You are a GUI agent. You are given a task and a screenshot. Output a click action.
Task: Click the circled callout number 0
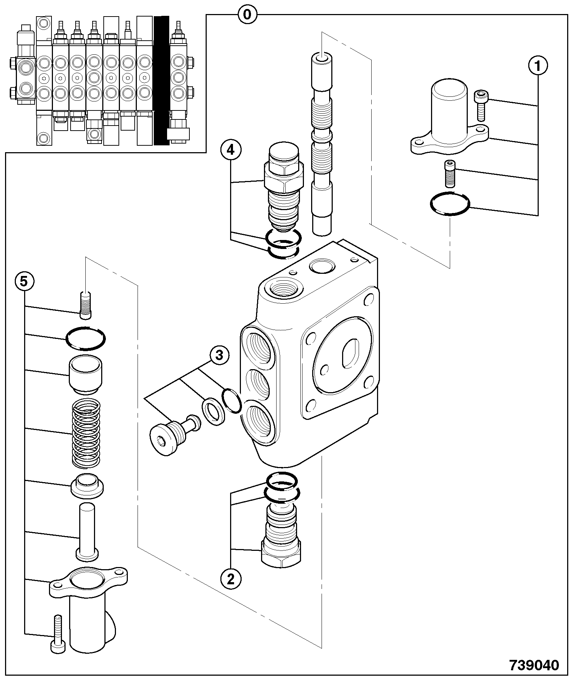pos(247,15)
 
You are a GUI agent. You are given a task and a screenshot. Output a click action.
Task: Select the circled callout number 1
pos(538,66)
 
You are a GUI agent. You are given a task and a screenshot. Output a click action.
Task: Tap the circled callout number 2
pos(230,579)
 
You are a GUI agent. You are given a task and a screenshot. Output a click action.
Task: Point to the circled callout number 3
pos(219,355)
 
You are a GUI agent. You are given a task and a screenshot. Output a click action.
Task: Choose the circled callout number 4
pos(230,150)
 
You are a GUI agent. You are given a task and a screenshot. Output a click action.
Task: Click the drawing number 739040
pos(534,665)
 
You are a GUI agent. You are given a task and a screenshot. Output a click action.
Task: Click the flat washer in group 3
pos(214,411)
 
